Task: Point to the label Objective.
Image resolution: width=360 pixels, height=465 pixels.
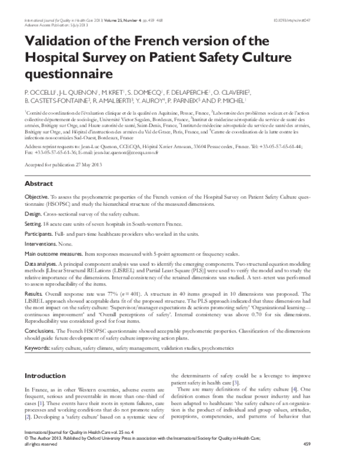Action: [37, 197]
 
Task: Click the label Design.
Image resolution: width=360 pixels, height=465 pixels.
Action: [34, 214]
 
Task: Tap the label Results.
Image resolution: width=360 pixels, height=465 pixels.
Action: [35, 293]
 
